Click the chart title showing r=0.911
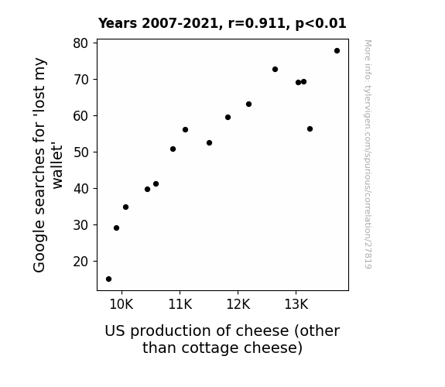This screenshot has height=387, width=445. point(222,23)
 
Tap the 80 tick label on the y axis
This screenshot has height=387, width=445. point(80,43)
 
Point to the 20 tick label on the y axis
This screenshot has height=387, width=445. point(80,262)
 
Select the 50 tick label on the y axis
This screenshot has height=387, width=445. point(80,152)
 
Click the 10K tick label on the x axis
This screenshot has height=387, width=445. point(122,304)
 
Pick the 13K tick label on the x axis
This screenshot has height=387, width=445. point(296,304)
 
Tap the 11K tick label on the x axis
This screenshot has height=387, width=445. point(180,304)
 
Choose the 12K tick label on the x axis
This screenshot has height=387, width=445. point(238,304)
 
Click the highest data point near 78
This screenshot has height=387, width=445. point(337,51)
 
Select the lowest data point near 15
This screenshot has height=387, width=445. point(108,279)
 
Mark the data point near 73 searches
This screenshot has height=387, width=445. point(275,70)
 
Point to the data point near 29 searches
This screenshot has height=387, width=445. point(116,228)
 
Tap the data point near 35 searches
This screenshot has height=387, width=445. point(125,207)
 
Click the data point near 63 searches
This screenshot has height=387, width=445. point(248,104)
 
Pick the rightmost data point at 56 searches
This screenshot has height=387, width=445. point(310,129)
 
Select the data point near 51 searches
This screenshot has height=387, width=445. point(173,149)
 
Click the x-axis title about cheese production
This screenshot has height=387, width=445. point(222,339)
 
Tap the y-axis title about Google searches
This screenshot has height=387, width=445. point(48,165)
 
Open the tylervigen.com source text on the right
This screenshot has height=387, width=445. point(368,154)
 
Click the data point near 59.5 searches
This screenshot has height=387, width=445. point(228,118)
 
